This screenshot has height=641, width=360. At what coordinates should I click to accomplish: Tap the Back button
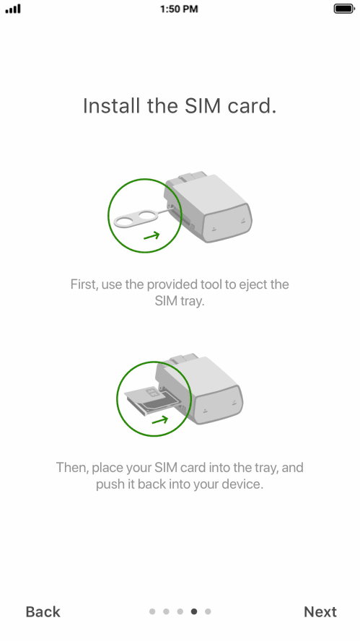tap(43, 611)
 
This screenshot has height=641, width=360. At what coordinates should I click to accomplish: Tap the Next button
tap(320, 611)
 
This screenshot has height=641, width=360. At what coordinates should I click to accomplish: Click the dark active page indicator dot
tap(194, 611)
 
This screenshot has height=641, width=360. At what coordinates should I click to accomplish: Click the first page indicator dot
tap(152, 611)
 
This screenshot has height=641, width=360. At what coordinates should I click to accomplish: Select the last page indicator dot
tap(208, 611)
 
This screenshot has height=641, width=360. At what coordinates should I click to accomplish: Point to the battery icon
tap(344, 9)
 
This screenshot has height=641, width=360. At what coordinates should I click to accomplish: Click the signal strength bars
tap(13, 9)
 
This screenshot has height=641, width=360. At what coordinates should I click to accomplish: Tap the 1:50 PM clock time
tap(179, 9)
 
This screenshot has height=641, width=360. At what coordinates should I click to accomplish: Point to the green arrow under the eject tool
tap(152, 236)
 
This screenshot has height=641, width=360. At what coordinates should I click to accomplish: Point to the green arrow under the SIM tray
tap(160, 420)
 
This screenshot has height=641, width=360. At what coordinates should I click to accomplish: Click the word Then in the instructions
tap(72, 468)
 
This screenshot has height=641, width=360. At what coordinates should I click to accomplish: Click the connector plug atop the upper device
tap(192, 178)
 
